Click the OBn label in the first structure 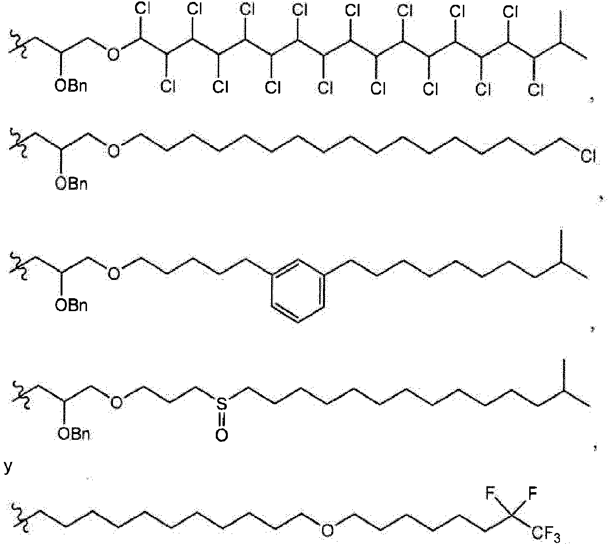pos(72,86)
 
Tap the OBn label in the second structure pos(72,184)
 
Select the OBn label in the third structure pos(72,305)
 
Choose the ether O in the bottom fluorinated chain pos(327,529)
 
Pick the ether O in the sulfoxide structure pos(116,401)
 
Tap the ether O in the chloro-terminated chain pos(113,152)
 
